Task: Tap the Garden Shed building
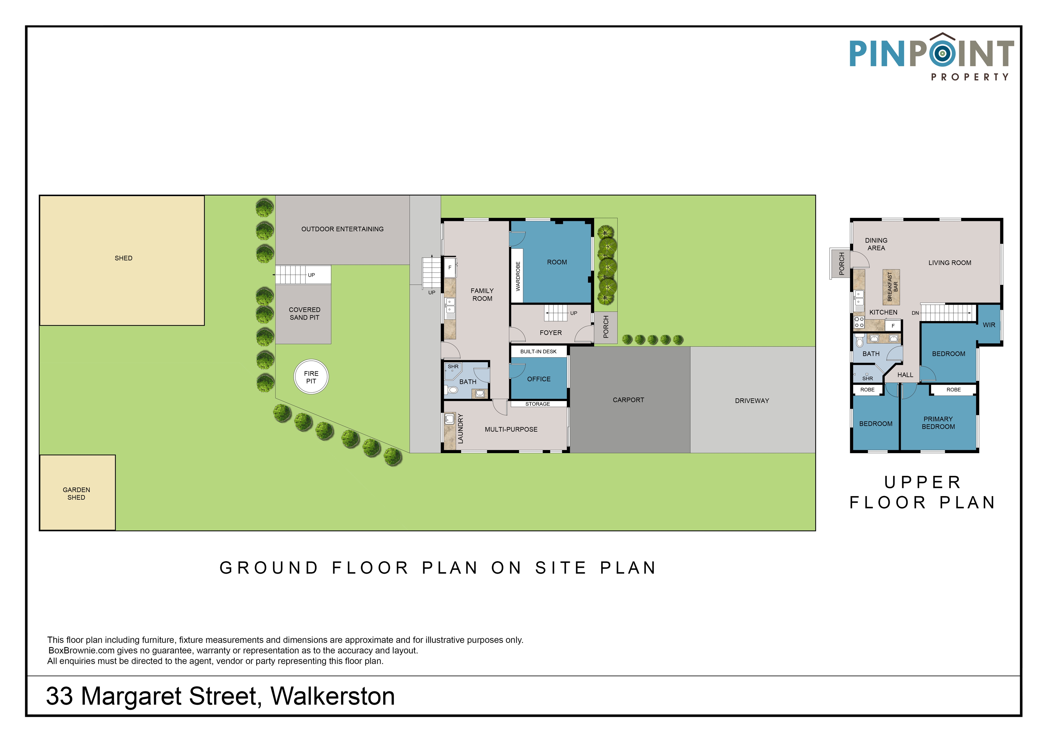(x=77, y=493)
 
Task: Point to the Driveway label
(x=752, y=401)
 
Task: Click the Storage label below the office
(x=537, y=404)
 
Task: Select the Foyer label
(x=551, y=333)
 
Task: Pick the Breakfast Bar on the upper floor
(x=891, y=287)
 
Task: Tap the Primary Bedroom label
(x=938, y=423)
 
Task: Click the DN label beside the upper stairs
(x=915, y=313)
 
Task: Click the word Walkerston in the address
(x=333, y=696)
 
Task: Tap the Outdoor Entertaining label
(x=342, y=229)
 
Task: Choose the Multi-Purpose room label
(x=511, y=429)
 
